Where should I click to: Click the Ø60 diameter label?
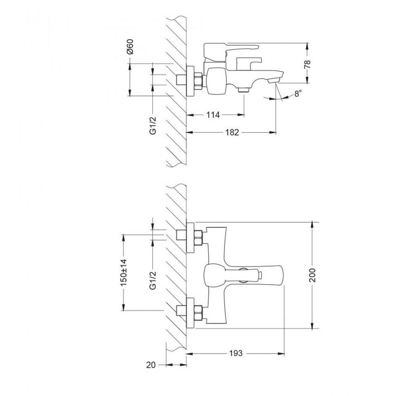[x=130, y=47]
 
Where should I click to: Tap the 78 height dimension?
[x=307, y=64]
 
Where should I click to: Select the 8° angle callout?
[x=298, y=94]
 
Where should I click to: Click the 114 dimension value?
[x=213, y=115]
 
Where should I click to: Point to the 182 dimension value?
[x=232, y=132]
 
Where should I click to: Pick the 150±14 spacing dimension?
[x=124, y=273]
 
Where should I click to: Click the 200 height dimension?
[x=312, y=275]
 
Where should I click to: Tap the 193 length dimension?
[x=236, y=353]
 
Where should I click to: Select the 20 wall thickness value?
[x=151, y=365]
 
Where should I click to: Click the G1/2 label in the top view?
[x=153, y=125]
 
